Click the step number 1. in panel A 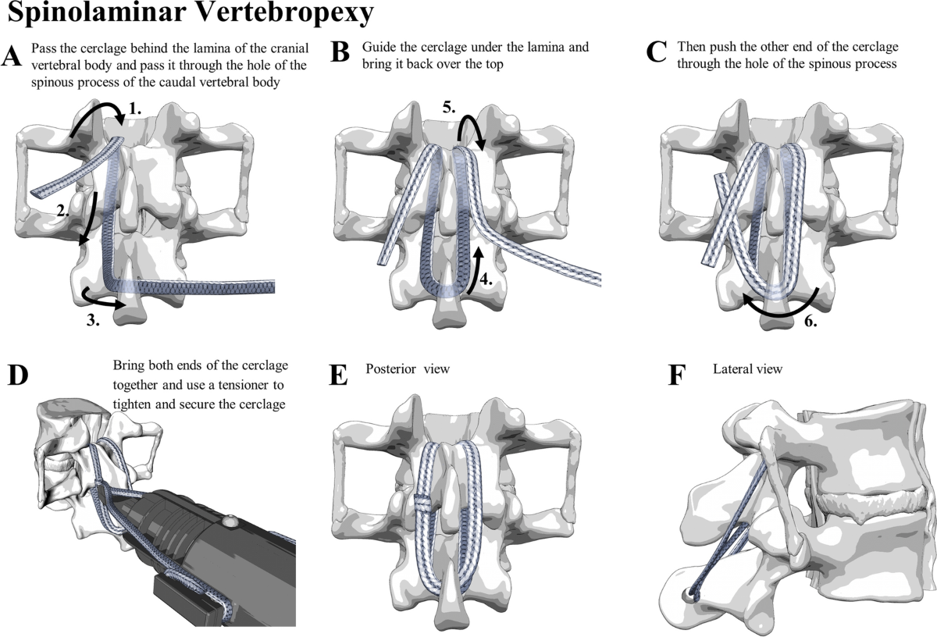[135, 110]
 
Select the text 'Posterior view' [408, 369]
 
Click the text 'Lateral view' [748, 369]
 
